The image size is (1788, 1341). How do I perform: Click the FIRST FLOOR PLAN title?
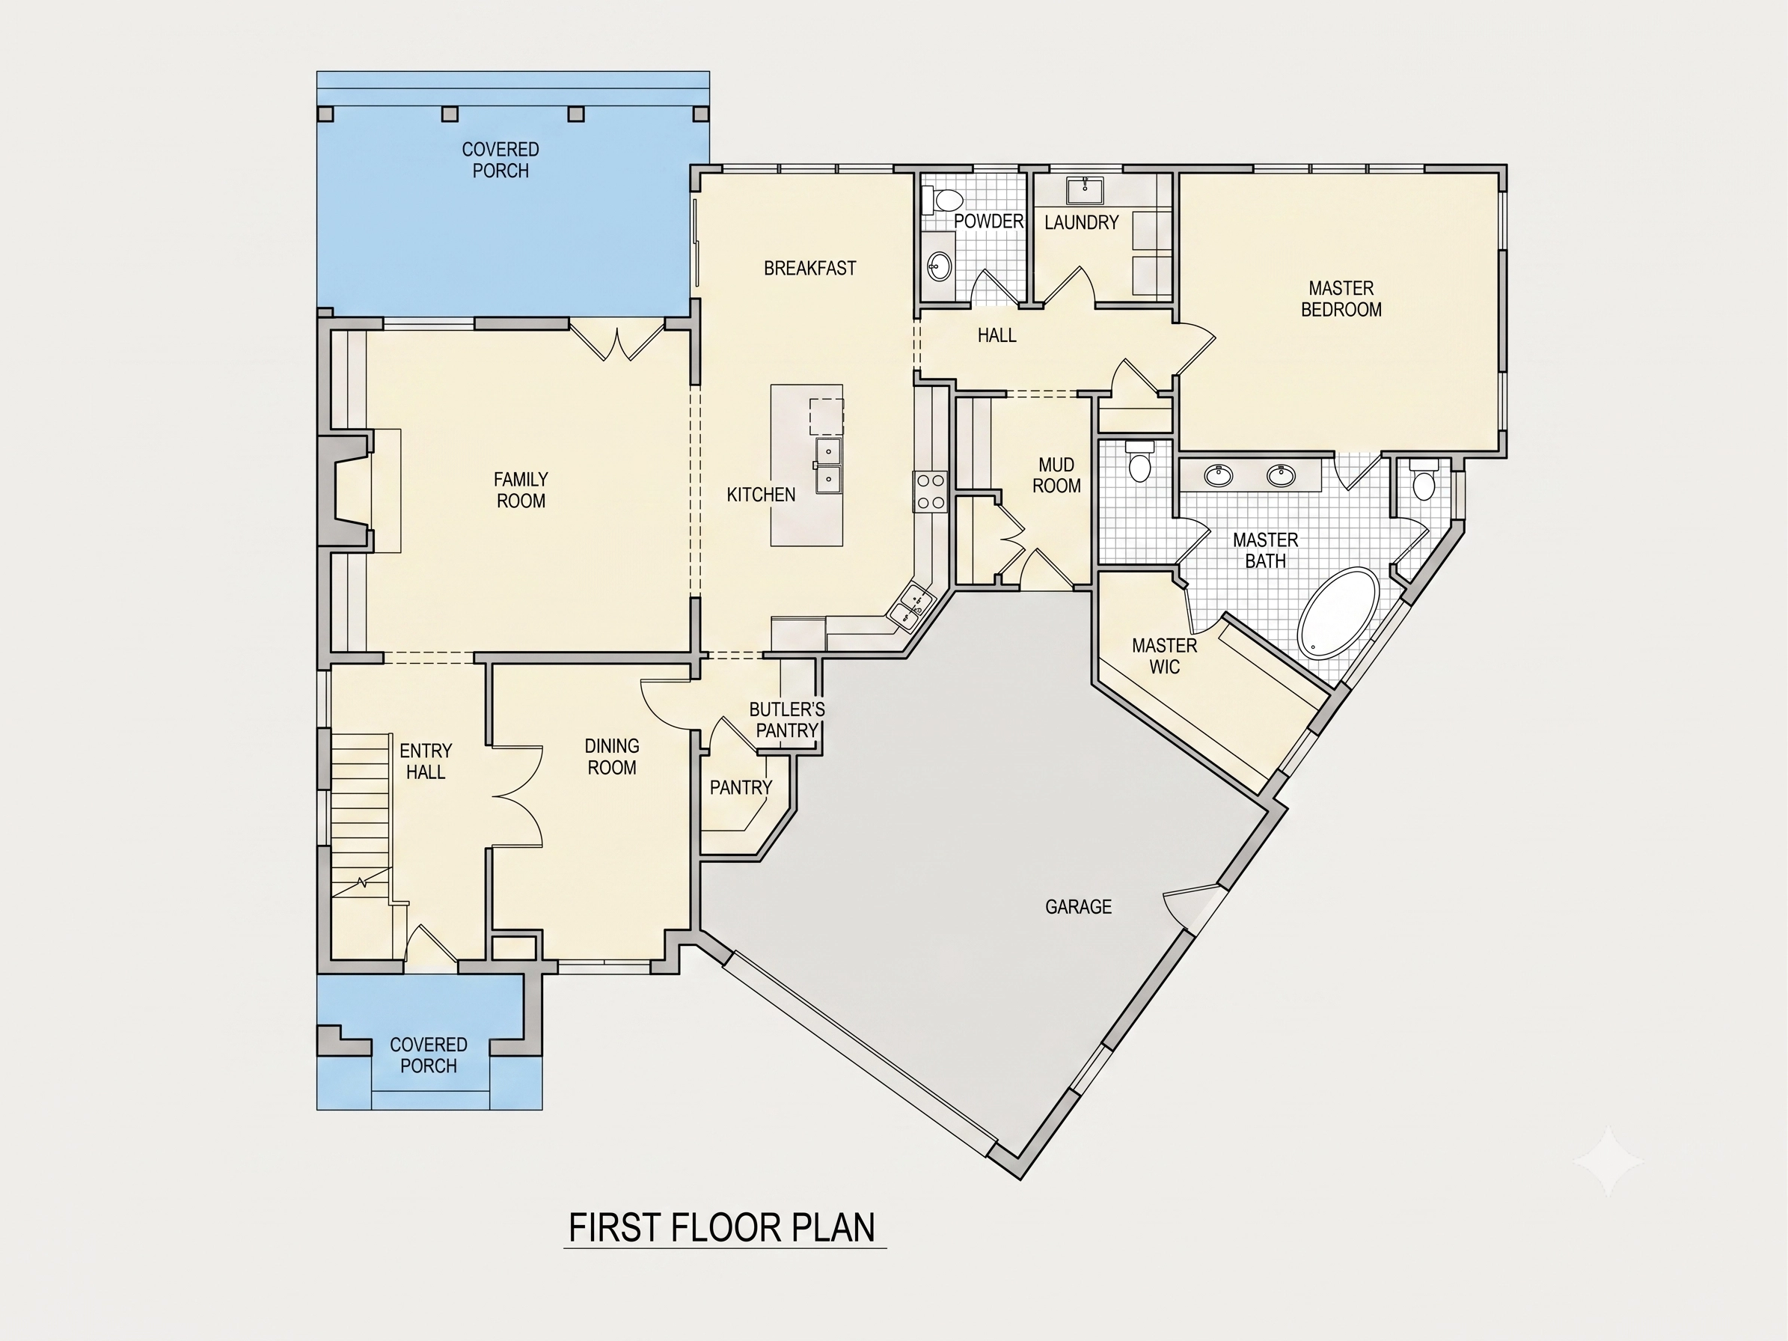click(x=722, y=1227)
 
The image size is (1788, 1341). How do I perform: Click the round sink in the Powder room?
click(x=940, y=263)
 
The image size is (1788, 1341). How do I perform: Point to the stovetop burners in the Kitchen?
click(x=931, y=492)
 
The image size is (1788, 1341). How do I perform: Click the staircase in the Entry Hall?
click(x=361, y=816)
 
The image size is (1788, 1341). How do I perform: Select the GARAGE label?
click(x=1078, y=907)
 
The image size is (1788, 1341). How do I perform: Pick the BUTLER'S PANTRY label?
click(x=786, y=720)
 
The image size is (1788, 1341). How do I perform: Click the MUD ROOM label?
click(x=1056, y=475)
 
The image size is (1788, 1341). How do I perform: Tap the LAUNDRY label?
click(x=1082, y=222)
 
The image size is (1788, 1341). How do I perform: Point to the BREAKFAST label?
click(x=810, y=269)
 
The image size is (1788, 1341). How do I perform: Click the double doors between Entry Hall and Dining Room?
click(x=518, y=796)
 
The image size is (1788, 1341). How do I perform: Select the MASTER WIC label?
click(x=1165, y=656)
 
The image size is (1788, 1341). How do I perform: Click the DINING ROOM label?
click(x=612, y=757)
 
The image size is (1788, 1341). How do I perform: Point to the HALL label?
click(x=996, y=335)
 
